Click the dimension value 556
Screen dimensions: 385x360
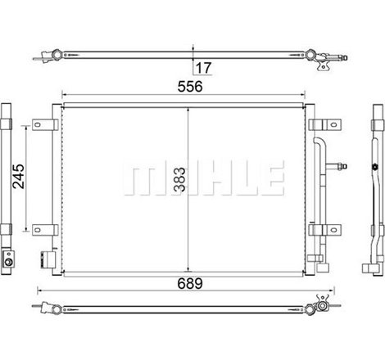[x=190, y=87]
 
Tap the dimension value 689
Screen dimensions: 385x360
[x=190, y=284]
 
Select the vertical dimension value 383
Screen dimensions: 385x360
[x=179, y=179]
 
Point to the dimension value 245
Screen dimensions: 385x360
[x=19, y=176]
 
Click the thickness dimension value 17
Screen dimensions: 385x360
[x=204, y=68]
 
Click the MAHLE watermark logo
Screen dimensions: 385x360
[x=202, y=178]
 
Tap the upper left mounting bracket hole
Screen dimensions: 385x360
[x=38, y=125]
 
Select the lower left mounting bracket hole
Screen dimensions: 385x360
[x=38, y=230]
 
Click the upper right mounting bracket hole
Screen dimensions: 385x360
[x=333, y=125]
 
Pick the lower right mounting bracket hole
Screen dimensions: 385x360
[x=333, y=230]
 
